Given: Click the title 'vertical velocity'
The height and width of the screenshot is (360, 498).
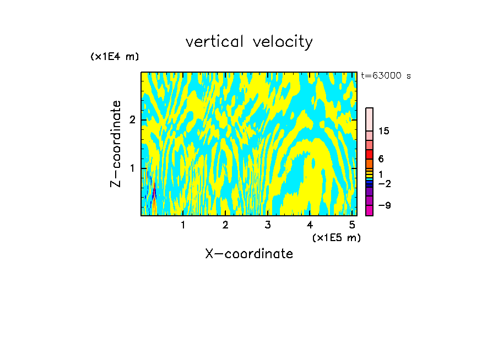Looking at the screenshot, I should click(x=249, y=42).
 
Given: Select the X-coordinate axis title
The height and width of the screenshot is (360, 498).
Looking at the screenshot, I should click(x=249, y=254).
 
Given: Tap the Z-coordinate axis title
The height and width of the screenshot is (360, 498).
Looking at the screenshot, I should click(x=116, y=144).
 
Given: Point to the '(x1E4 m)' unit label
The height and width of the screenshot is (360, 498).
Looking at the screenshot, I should click(x=115, y=57).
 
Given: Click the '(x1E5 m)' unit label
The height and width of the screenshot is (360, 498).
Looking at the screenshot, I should click(x=336, y=237).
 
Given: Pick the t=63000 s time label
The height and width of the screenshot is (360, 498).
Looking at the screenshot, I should click(x=386, y=76).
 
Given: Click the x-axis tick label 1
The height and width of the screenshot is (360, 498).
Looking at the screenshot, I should click(x=183, y=225).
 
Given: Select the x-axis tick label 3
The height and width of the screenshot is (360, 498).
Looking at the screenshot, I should click(x=267, y=225).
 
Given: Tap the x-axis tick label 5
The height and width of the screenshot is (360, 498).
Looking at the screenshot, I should click(x=351, y=225).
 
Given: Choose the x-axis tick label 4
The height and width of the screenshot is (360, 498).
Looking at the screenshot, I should click(x=310, y=225).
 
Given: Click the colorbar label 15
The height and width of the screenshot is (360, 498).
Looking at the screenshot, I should click(x=384, y=131).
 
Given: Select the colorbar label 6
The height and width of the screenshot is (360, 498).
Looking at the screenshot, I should click(x=381, y=159).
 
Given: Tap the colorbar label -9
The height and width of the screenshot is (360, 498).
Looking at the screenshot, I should click(x=384, y=205).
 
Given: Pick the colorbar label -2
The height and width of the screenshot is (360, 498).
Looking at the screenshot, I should click(x=384, y=183).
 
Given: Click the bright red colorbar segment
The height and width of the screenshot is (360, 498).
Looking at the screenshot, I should click(x=370, y=154).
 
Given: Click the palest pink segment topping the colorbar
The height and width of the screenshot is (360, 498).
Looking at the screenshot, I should click(x=370, y=119).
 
